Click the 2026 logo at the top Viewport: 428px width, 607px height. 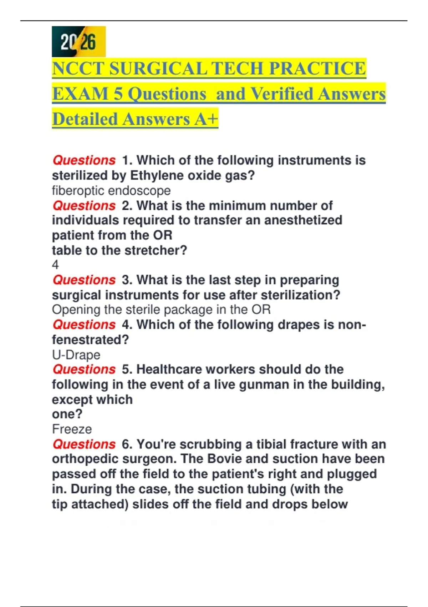(x=78, y=41)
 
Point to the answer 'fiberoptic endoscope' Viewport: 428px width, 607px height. (x=111, y=191)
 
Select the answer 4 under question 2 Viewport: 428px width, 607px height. (x=55, y=265)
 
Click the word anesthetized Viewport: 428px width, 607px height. (x=303, y=220)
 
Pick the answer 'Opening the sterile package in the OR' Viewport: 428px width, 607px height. (x=161, y=310)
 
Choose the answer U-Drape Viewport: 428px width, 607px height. (x=76, y=355)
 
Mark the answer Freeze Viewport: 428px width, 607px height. (x=72, y=429)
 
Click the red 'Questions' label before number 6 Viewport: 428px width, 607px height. (x=84, y=445)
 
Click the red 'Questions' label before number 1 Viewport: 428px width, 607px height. (x=84, y=160)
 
